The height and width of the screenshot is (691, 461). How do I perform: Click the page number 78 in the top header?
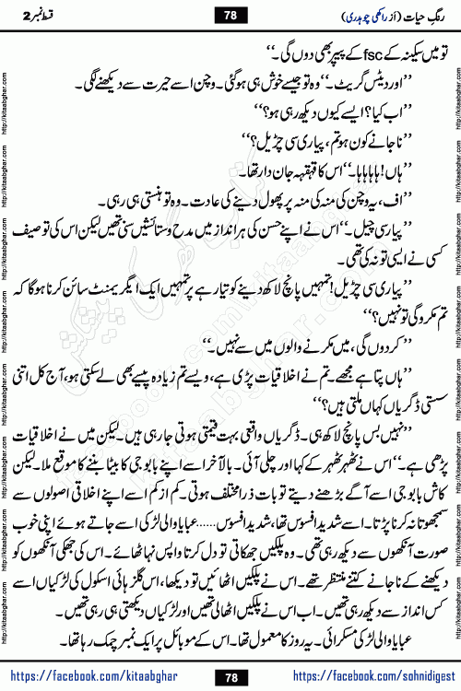tap(230, 13)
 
